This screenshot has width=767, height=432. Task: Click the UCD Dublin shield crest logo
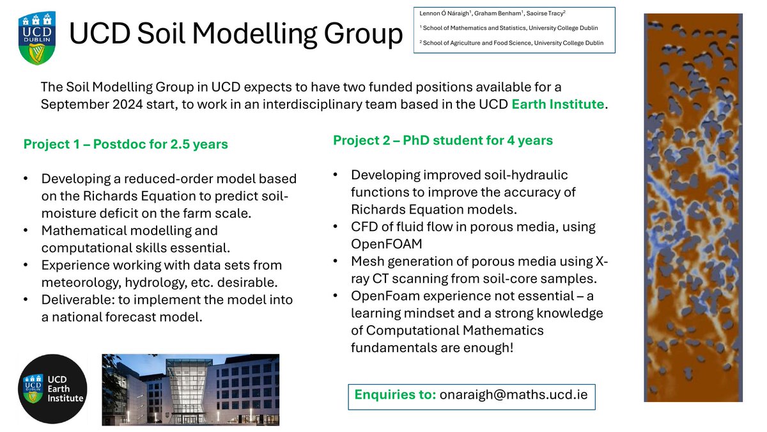tap(36, 38)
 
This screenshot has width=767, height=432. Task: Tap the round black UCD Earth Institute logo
tap(52, 389)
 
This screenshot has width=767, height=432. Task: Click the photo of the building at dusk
tap(190, 390)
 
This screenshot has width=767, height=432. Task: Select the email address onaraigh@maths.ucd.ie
tap(514, 395)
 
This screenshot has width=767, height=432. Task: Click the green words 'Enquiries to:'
tap(395, 395)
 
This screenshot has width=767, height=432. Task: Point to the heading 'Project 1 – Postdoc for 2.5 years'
tap(126, 145)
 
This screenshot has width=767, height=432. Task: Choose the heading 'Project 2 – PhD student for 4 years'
tap(443, 141)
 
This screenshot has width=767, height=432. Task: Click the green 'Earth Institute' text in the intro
tap(558, 104)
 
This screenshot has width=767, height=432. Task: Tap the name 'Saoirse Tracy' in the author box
tap(545, 13)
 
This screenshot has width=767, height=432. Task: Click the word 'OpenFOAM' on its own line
tap(387, 244)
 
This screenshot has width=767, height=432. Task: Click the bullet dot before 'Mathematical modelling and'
tap(26, 230)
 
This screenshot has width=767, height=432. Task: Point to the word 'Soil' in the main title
tap(161, 33)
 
